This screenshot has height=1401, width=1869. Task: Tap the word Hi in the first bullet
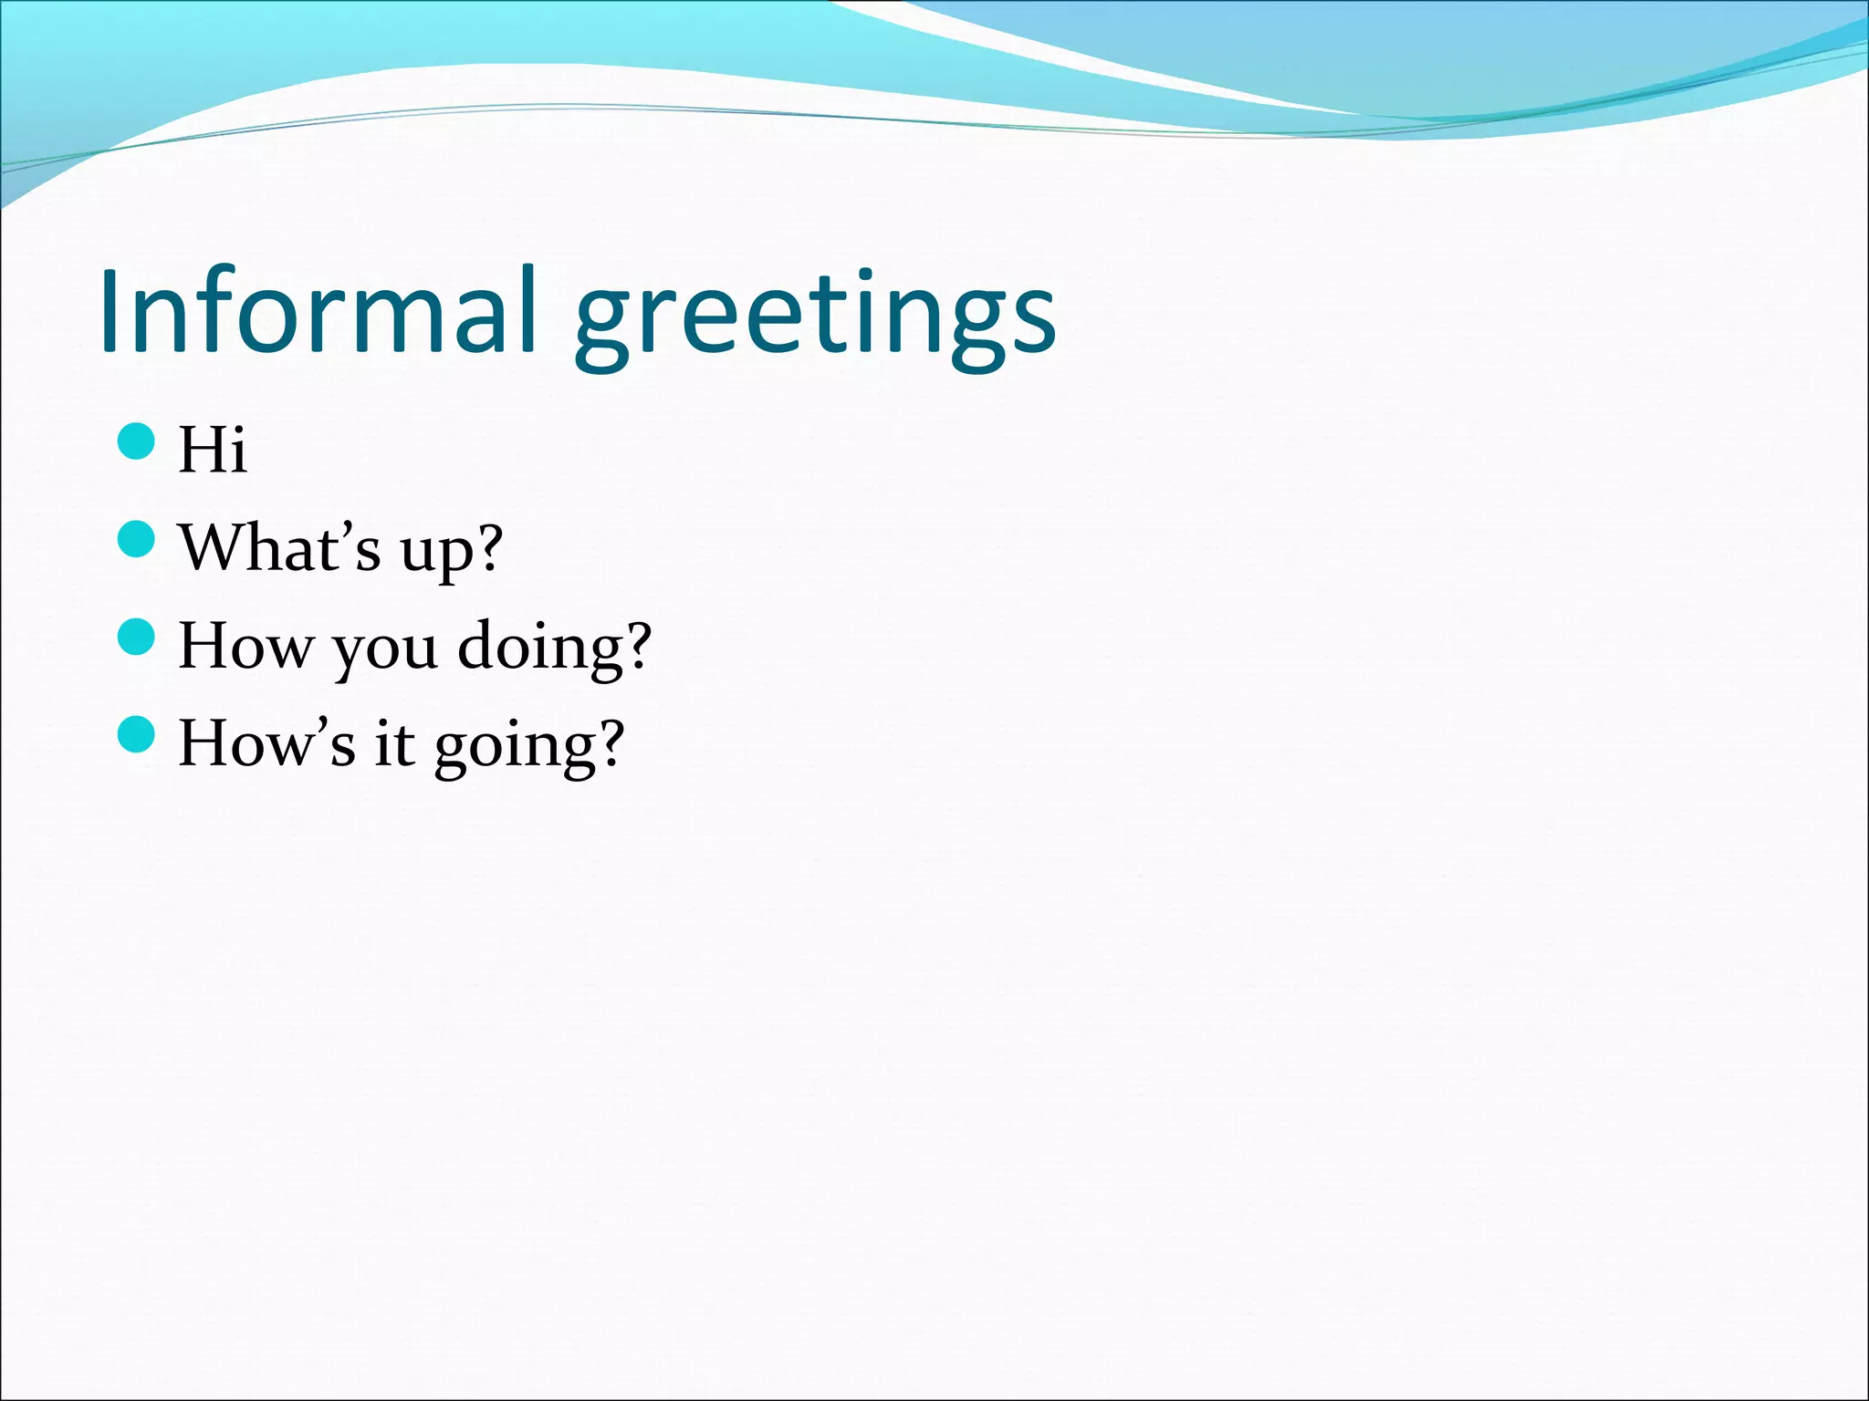[x=212, y=450]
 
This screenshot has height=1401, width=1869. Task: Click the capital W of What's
[x=212, y=547]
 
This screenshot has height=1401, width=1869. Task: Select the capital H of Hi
[x=201, y=450]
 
